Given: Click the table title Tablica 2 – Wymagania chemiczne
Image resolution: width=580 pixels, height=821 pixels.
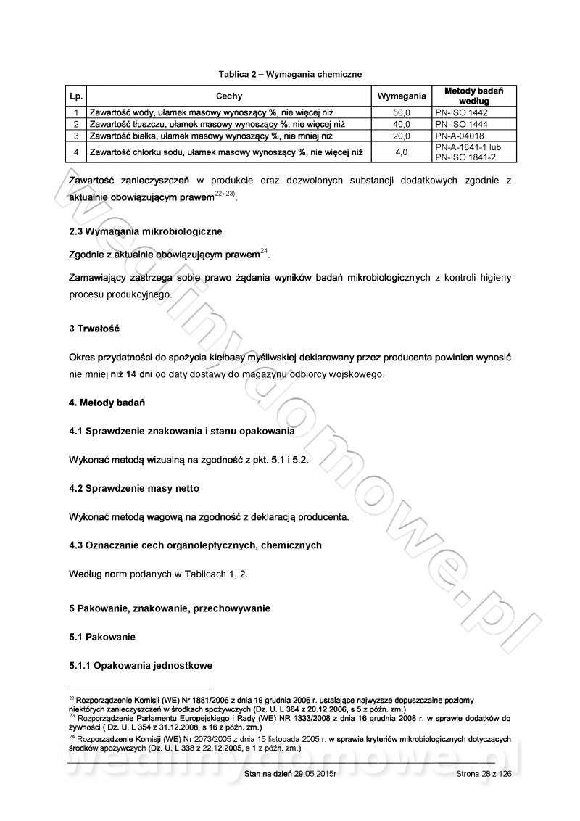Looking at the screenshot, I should click(290, 74).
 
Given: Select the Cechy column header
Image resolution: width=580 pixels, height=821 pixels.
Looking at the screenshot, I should click(229, 96).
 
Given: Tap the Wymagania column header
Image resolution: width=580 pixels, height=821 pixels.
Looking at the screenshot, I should click(402, 96).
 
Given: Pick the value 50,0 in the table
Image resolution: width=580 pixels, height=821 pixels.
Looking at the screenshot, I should click(402, 113).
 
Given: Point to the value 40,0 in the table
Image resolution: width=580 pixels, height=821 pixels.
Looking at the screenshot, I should click(402, 124).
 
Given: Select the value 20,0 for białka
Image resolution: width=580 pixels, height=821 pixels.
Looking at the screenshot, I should click(402, 136).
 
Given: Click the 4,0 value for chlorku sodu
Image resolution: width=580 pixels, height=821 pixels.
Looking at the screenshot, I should click(402, 152).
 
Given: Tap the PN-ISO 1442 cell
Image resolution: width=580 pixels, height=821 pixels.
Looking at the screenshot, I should click(462, 113).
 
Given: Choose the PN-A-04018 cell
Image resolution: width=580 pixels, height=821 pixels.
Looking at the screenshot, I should click(461, 136).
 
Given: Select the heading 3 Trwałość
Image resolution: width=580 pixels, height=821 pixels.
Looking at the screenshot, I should click(94, 329).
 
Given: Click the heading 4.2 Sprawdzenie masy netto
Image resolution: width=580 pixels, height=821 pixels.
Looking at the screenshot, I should click(133, 488).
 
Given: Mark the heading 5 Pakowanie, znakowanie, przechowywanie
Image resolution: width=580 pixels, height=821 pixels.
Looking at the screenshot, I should click(169, 608).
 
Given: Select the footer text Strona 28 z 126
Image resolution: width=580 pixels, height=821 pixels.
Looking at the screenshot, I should click(484, 775).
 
